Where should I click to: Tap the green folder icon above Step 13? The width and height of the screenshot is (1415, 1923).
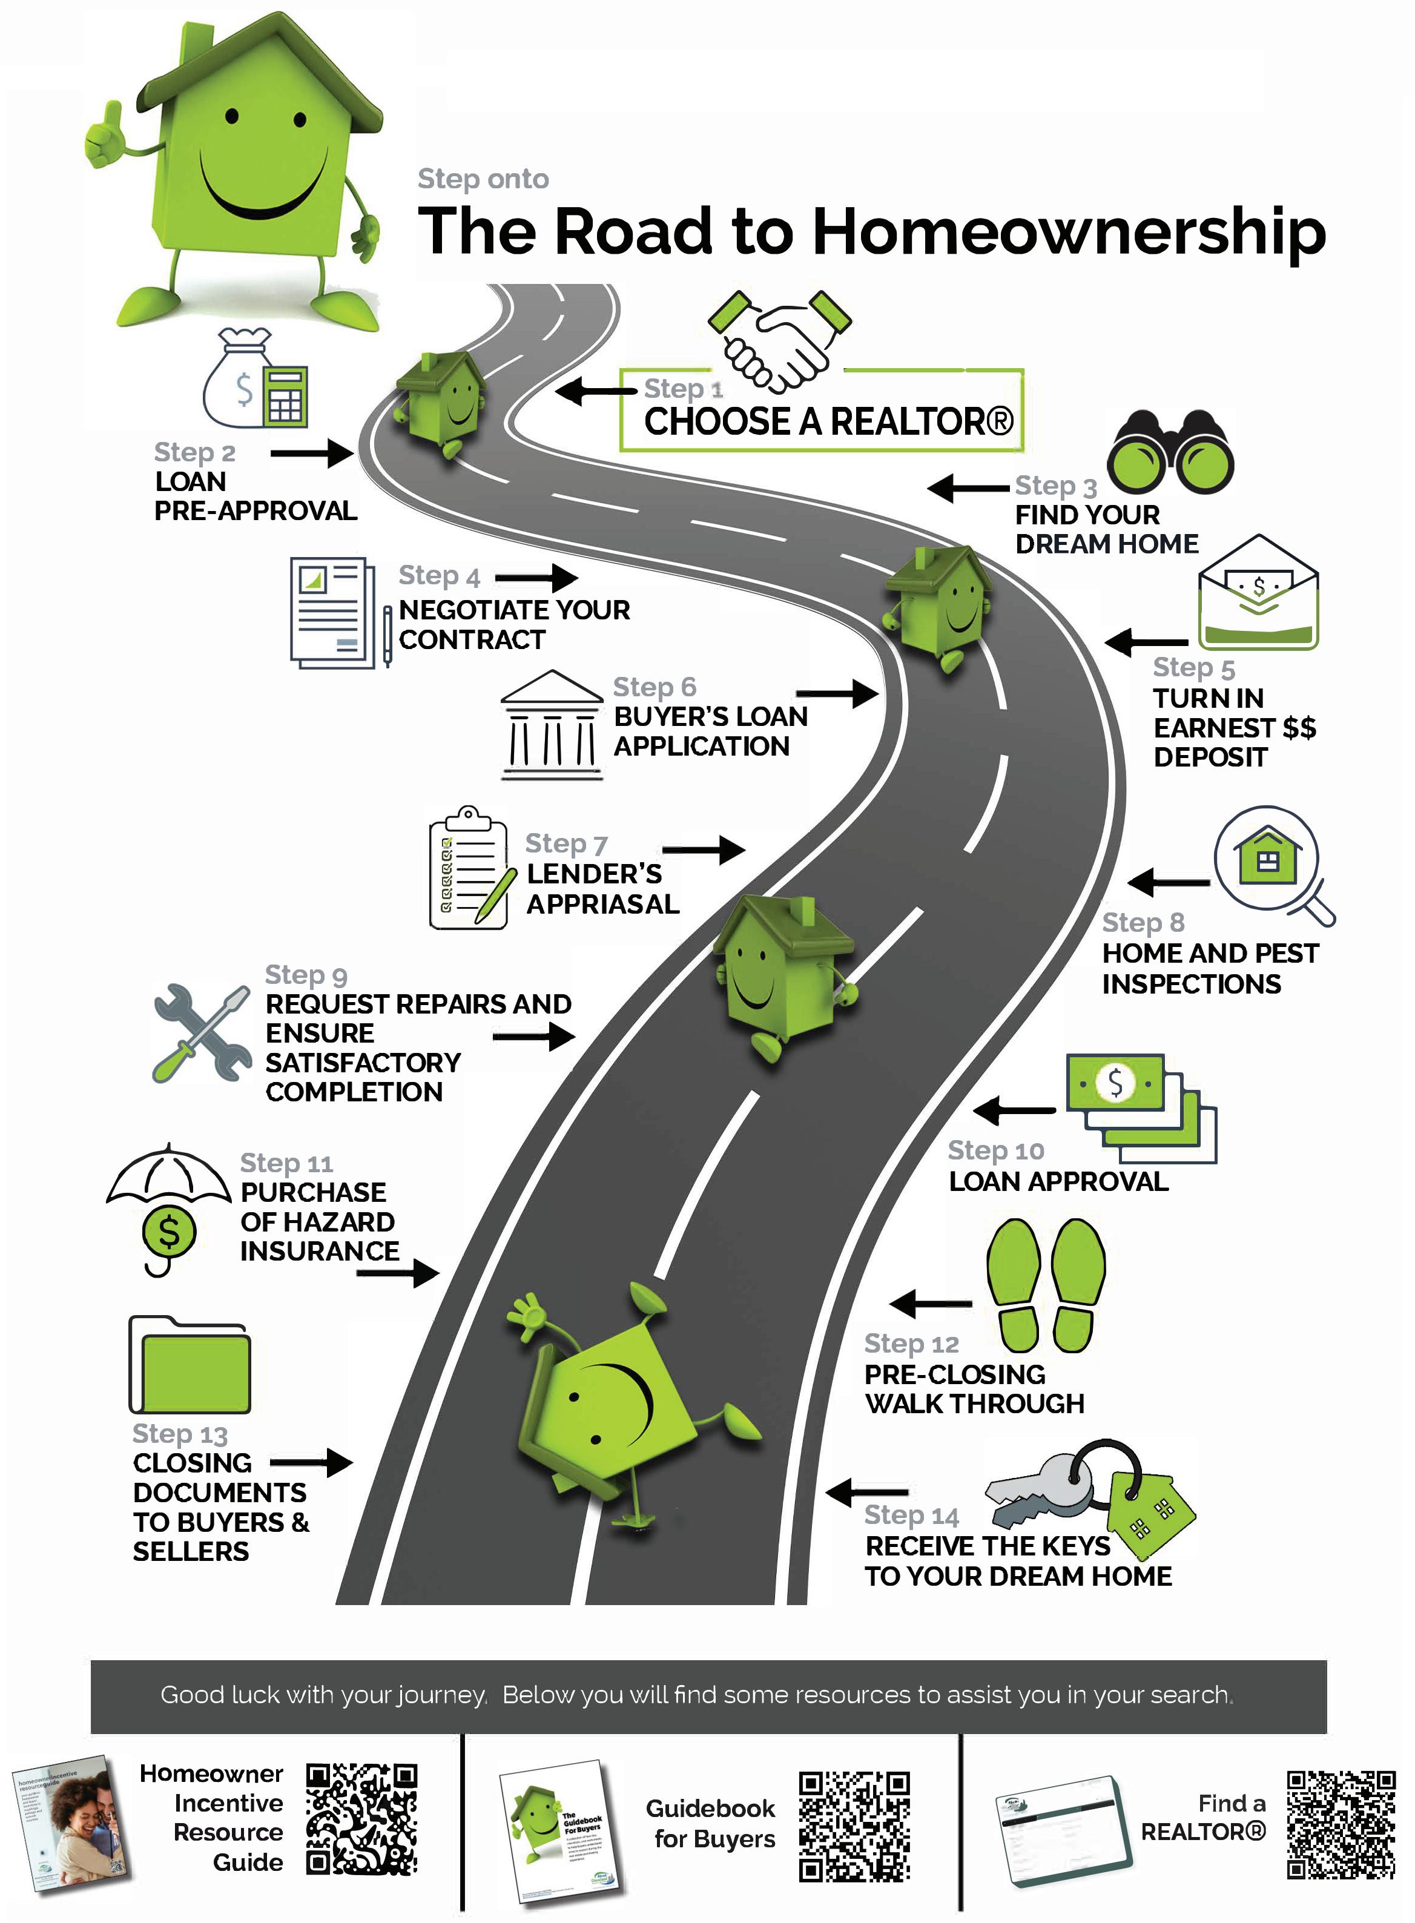coord(190,1365)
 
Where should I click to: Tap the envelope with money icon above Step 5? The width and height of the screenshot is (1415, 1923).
coord(1258,595)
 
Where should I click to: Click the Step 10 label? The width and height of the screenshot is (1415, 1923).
coord(995,1150)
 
